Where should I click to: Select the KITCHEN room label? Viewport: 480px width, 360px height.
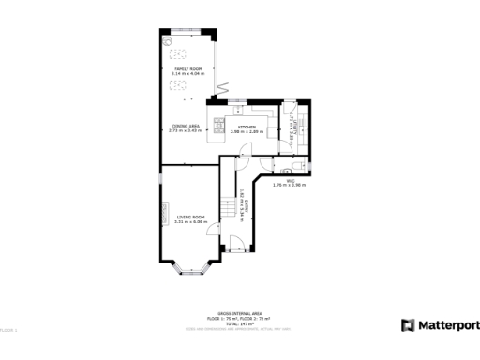(x=246, y=126)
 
